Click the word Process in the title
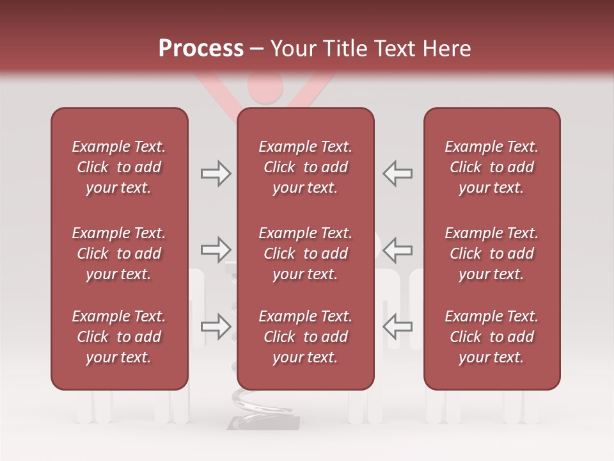[x=201, y=48]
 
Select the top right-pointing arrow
[x=216, y=174]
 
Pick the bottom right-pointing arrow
[x=216, y=327]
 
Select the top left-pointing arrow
[x=398, y=174]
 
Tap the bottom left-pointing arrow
[x=398, y=327]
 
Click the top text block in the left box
[x=119, y=167]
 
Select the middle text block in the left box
[x=119, y=254]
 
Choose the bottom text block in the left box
[x=119, y=337]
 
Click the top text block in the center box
[x=305, y=167]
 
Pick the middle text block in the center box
[x=305, y=254]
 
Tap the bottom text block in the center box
[x=305, y=337]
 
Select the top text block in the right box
[x=492, y=167]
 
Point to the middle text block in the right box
[x=492, y=254]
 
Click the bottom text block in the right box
[x=492, y=337]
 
